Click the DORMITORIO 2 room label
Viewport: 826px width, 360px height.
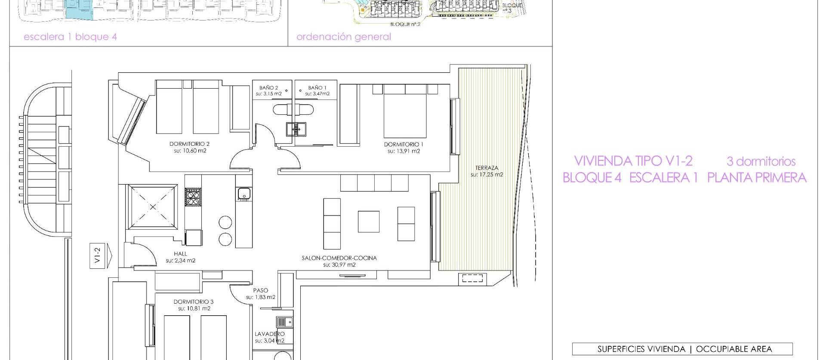tap(189, 144)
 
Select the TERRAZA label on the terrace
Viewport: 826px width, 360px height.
tap(487, 168)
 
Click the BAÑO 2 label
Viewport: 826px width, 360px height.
tap(268, 88)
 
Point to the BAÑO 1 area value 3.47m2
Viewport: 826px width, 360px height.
tap(317, 94)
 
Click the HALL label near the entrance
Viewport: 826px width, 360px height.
tap(180, 254)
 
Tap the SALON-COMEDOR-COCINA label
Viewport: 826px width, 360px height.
tap(339, 258)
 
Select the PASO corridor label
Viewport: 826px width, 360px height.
tap(260, 290)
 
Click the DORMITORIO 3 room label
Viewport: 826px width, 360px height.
tap(194, 302)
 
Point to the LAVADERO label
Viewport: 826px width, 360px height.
tap(269, 334)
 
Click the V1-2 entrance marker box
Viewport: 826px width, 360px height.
tap(98, 257)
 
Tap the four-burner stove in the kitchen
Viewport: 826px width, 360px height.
tap(193, 198)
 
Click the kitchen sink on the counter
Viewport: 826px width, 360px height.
tap(243, 194)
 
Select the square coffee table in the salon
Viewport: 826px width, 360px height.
tap(368, 222)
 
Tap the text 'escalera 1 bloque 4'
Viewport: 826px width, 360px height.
tap(70, 37)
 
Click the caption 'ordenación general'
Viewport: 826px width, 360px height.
tap(344, 37)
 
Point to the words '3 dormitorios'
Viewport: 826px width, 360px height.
tap(761, 162)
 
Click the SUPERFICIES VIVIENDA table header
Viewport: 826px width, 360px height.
tap(682, 349)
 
